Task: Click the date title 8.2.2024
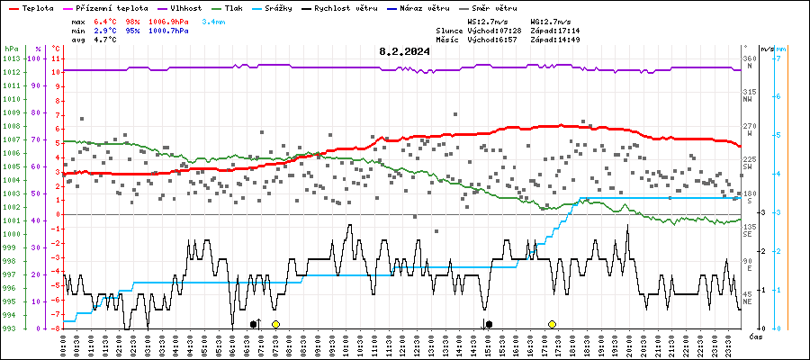point(404,51)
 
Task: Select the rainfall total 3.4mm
point(214,20)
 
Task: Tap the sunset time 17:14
point(569,30)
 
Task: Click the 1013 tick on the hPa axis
point(11,58)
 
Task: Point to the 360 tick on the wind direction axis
point(749,59)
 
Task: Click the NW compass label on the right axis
point(748,100)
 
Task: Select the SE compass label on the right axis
point(748,235)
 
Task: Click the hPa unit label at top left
point(11,48)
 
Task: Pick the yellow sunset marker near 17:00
point(552,324)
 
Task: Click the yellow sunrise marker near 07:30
point(275,324)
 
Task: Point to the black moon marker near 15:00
point(489,324)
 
